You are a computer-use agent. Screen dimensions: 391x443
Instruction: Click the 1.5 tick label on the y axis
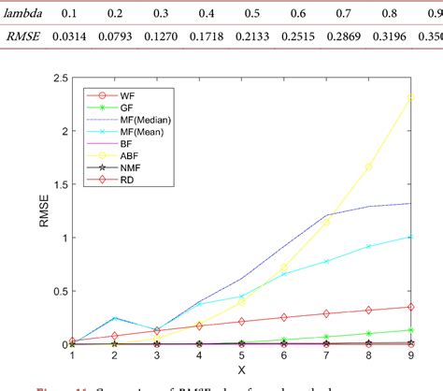point(54,184)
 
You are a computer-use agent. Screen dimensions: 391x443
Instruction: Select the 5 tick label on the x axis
point(241,356)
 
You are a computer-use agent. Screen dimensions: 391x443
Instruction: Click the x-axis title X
point(241,370)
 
